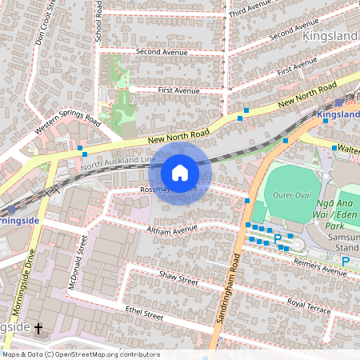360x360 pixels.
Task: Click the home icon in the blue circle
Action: [180, 172]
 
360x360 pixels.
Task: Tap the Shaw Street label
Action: [178, 279]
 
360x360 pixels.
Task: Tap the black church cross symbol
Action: [38, 329]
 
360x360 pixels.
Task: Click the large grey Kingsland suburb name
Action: [330, 36]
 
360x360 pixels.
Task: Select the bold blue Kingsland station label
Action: [338, 115]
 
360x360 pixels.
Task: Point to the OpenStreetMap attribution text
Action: [81, 354]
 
